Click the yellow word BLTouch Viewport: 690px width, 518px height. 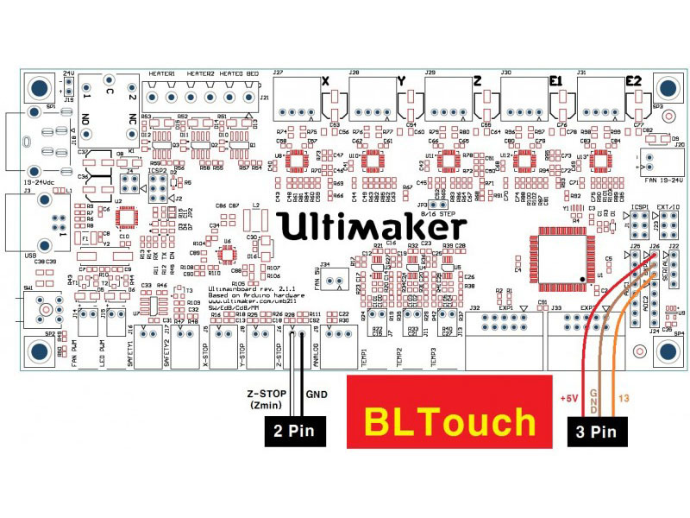pyautogui.click(x=449, y=422)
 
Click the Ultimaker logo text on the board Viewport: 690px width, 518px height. pyautogui.click(x=374, y=226)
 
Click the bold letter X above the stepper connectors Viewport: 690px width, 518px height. pyautogui.click(x=326, y=81)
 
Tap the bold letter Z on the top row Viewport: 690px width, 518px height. pyautogui.click(x=477, y=81)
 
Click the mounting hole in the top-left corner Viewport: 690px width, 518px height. pyautogui.click(x=38, y=88)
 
